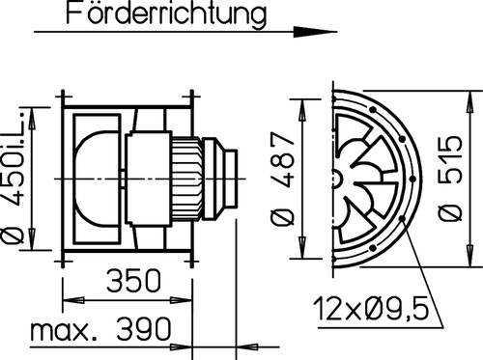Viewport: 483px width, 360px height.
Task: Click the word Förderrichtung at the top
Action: click(163, 14)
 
